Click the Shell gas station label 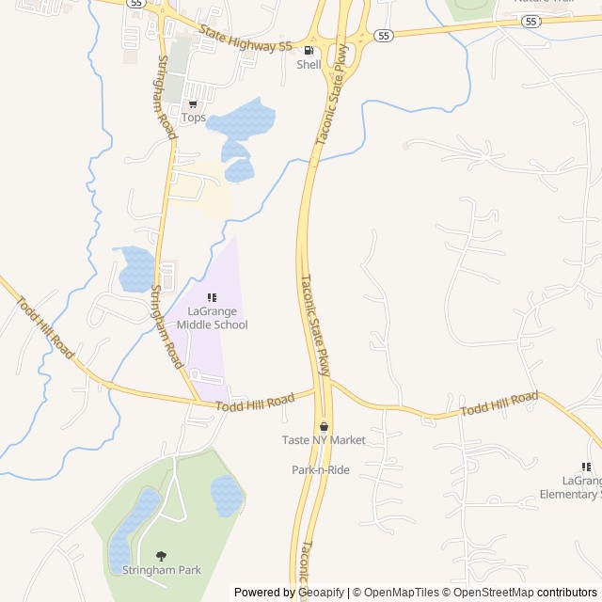click(309, 65)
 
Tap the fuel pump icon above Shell click(309, 50)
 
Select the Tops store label click(193, 118)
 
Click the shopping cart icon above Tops click(193, 104)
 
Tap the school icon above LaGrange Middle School click(212, 297)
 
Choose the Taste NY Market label click(324, 440)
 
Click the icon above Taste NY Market click(324, 426)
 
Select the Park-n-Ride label click(320, 469)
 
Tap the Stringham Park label click(161, 570)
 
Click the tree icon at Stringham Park click(161, 556)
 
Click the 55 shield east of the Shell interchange click(383, 36)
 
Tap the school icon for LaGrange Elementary click(586, 467)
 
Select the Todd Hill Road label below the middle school click(255, 403)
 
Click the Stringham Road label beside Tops click(166, 97)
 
